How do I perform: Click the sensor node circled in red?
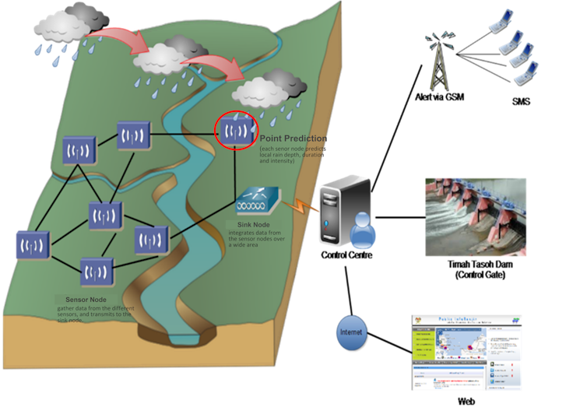pyautogui.click(x=234, y=130)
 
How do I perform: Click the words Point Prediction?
pyautogui.click(x=293, y=139)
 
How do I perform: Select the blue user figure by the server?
pyautogui.click(x=362, y=231)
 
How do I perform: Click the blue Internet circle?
pyautogui.click(x=350, y=332)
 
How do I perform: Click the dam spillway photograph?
pyautogui.click(x=475, y=216)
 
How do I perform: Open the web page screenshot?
pyautogui.click(x=466, y=352)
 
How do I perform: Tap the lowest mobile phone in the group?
pyautogui.click(x=527, y=75)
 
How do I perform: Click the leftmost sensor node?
pyautogui.click(x=33, y=244)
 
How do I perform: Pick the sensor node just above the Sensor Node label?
pyautogui.click(x=97, y=272)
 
